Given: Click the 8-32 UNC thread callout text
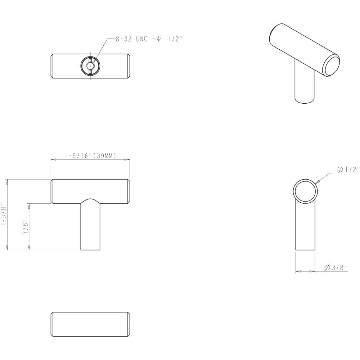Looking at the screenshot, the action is click(149, 39).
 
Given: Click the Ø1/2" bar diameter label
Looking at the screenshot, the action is click(348, 170).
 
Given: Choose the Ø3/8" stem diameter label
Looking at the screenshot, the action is click(336, 267).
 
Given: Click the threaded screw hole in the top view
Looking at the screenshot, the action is click(90, 66).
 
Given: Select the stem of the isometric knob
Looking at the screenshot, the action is click(305, 85).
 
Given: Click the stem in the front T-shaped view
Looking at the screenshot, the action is click(90, 225).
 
